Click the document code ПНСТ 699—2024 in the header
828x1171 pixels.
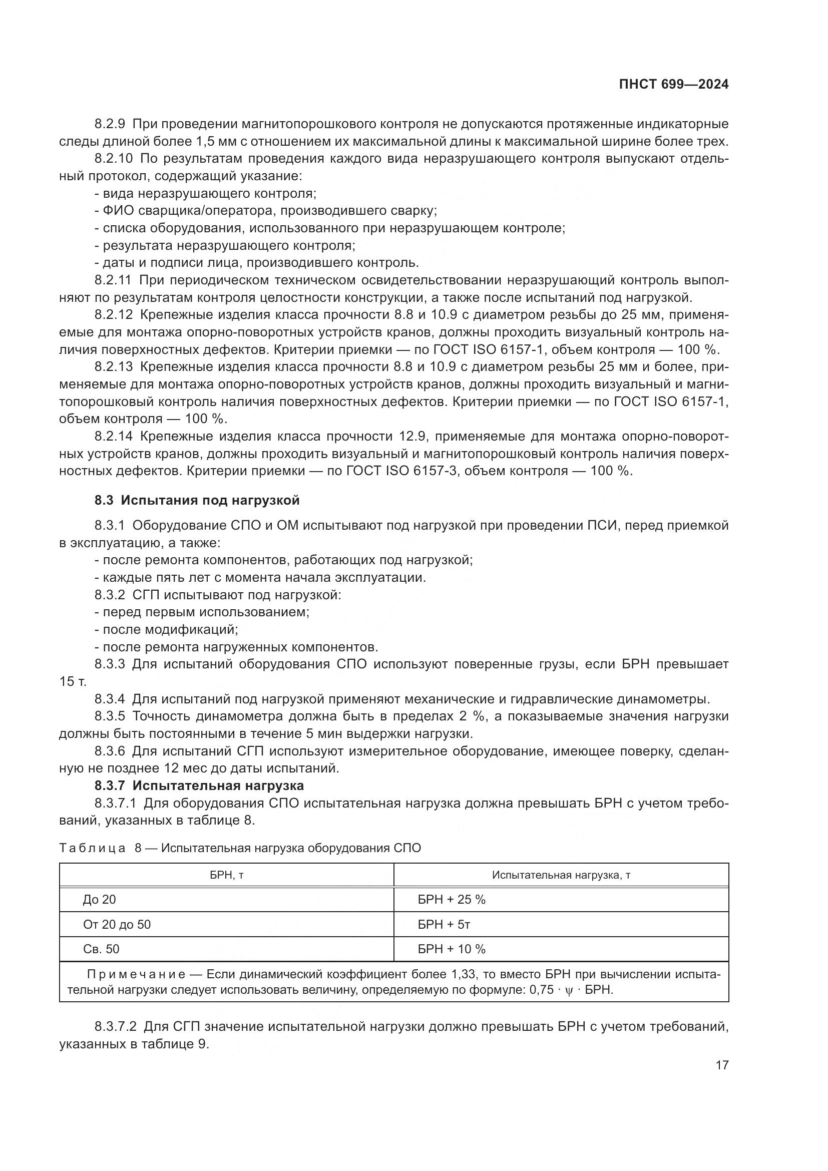(x=673, y=85)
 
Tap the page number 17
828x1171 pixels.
(x=722, y=1065)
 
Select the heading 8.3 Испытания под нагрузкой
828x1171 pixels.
(x=197, y=500)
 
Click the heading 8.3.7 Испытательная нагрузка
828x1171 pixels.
(x=199, y=786)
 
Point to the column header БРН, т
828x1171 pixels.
(x=226, y=875)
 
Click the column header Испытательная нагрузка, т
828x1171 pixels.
(x=561, y=875)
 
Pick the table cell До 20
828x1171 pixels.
(x=100, y=900)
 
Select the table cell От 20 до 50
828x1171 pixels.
(x=117, y=925)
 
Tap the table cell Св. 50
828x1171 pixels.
(x=101, y=949)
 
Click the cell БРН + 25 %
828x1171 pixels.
(x=451, y=900)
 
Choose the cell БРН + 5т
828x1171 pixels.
(x=444, y=925)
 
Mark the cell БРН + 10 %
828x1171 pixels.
(x=451, y=949)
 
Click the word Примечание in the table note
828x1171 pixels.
(x=136, y=975)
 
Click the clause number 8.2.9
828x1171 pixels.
(x=110, y=124)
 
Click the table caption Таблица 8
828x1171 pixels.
(x=100, y=848)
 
